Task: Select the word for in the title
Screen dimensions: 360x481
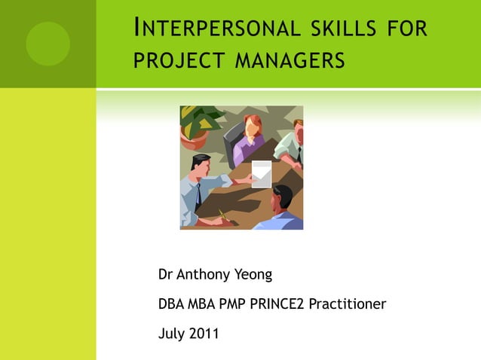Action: click(408, 30)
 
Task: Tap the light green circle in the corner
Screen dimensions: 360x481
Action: click(47, 43)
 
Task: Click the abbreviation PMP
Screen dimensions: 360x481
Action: click(230, 304)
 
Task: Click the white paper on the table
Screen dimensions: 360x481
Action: click(261, 173)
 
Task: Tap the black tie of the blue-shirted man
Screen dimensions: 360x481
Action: click(198, 197)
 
